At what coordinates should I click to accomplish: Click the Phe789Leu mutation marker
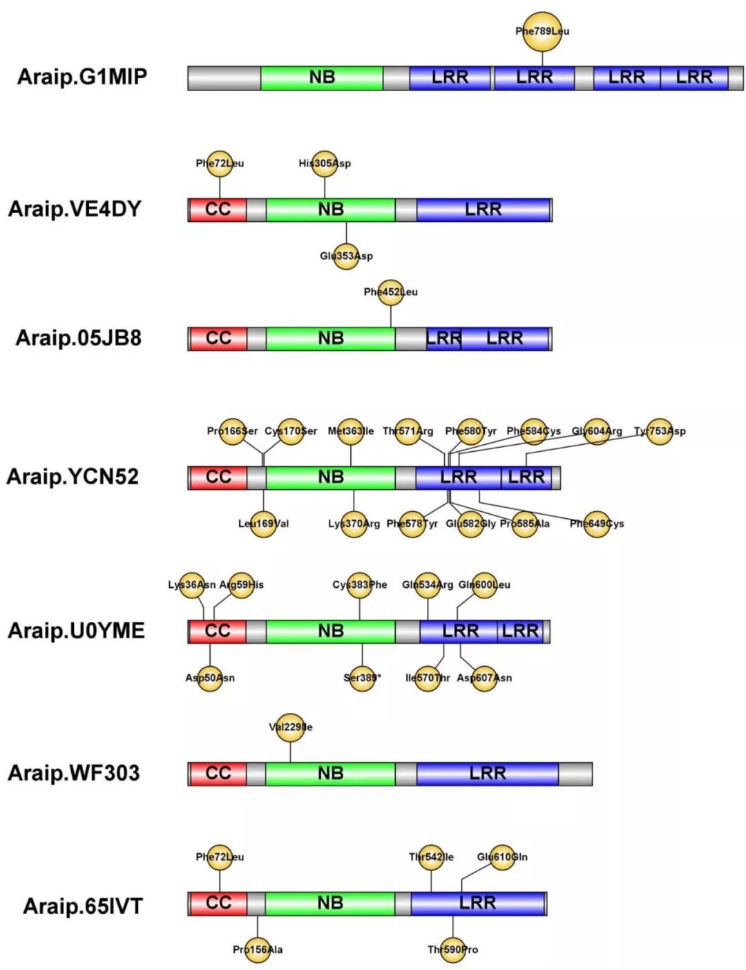(542, 31)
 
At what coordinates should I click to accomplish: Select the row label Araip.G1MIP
(82, 77)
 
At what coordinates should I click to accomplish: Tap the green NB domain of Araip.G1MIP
(322, 78)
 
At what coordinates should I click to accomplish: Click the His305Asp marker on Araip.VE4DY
(325, 164)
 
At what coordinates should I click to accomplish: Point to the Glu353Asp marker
(346, 256)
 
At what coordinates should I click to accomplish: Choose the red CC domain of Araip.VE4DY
(218, 209)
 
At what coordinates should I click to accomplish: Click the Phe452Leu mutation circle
(391, 292)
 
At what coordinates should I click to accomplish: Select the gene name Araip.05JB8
(79, 338)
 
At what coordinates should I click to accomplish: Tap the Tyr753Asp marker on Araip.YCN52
(660, 431)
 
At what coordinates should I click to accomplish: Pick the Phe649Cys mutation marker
(597, 524)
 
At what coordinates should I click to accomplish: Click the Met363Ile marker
(351, 431)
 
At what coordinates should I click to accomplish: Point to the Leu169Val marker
(263, 524)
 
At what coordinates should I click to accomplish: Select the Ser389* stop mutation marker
(362, 678)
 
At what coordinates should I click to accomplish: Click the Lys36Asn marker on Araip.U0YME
(192, 585)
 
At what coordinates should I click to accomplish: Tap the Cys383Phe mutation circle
(360, 585)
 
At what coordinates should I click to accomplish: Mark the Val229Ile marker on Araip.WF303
(290, 727)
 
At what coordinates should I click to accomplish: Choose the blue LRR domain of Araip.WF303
(488, 774)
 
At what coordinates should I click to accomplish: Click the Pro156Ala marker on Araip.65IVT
(258, 950)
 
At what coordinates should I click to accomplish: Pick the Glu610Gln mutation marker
(502, 857)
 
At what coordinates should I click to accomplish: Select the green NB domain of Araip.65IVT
(330, 904)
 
